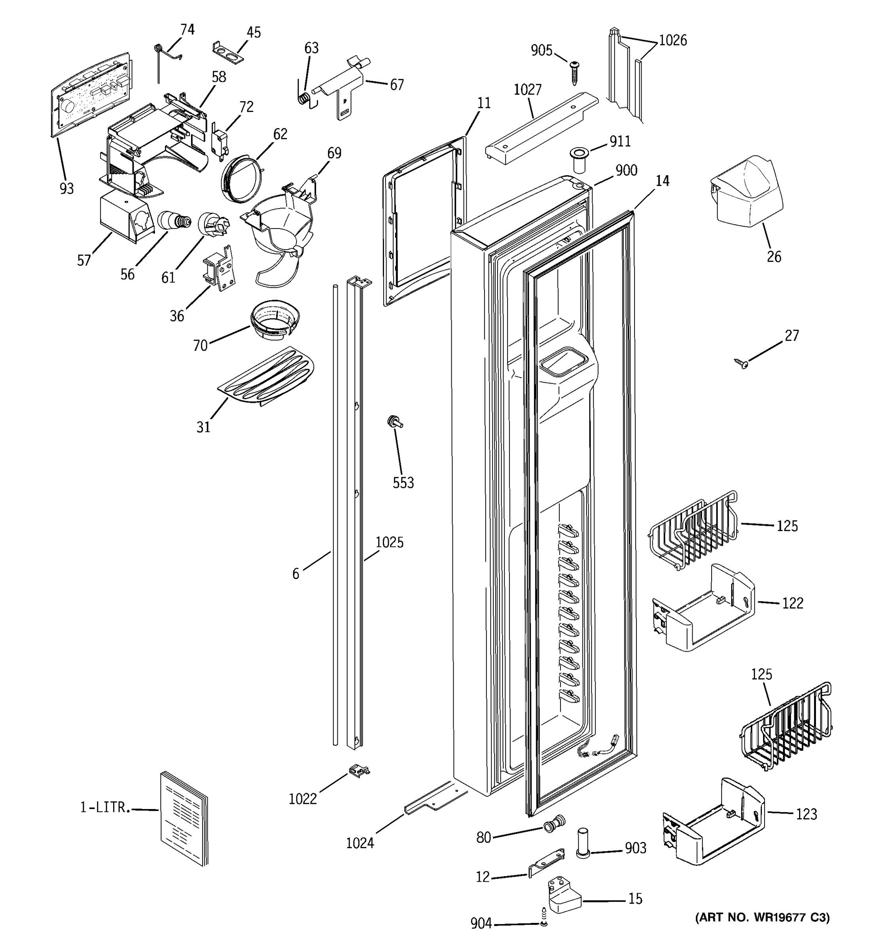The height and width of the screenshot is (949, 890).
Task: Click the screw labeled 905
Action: (x=574, y=72)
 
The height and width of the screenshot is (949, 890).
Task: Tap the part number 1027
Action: (x=528, y=90)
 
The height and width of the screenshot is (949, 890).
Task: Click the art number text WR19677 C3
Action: (x=763, y=917)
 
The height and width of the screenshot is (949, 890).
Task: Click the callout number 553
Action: (x=403, y=483)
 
